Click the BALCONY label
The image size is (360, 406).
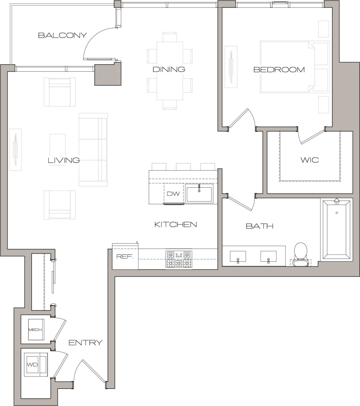pos(62,35)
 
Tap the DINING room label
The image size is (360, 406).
pos(169,69)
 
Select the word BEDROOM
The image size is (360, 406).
pos(279,70)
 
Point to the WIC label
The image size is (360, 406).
pos(310,160)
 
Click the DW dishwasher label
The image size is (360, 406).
pos(173,194)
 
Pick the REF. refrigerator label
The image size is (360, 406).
pos(125,257)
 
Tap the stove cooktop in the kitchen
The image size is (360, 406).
pos(179,259)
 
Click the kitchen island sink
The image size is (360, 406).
pos(199,194)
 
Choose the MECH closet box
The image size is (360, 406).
pos(35,329)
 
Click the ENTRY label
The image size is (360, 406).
pos(85,343)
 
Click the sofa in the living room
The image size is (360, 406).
pos(93,150)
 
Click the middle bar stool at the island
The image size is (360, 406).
pos(183,167)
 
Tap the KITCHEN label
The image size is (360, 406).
pos(176,225)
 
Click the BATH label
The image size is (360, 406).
pos(259,226)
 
